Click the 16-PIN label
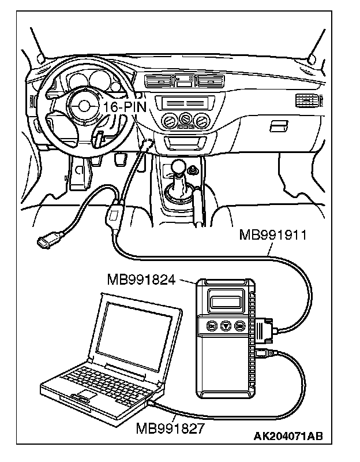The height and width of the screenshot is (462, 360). [x=125, y=107]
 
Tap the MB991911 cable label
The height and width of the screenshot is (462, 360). [x=272, y=236]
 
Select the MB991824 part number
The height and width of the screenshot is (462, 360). [x=140, y=280]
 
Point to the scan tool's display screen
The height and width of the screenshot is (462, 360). [x=224, y=301]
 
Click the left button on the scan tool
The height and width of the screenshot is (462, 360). [x=212, y=326]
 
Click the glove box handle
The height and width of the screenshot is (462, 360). [x=279, y=124]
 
